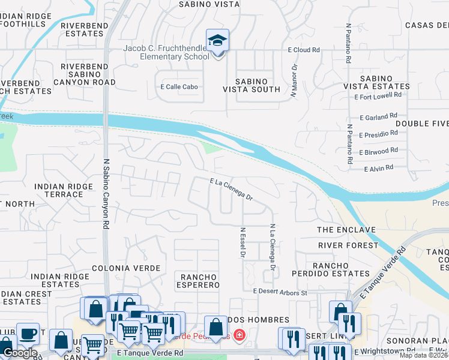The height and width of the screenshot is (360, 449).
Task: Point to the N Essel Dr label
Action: click(x=243, y=242)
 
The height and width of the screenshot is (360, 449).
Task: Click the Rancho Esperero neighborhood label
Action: click(x=198, y=280)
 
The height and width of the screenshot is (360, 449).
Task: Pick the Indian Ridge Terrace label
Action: click(x=63, y=191)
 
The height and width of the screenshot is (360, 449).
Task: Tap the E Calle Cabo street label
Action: click(x=179, y=86)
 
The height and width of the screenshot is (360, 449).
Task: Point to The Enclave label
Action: click(x=346, y=230)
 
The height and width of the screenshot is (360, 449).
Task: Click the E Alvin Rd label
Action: click(x=378, y=168)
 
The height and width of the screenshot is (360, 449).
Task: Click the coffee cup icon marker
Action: click(x=27, y=334)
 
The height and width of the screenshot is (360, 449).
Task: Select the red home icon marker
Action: click(x=239, y=335)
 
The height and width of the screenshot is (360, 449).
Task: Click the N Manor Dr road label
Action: click(x=294, y=80)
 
